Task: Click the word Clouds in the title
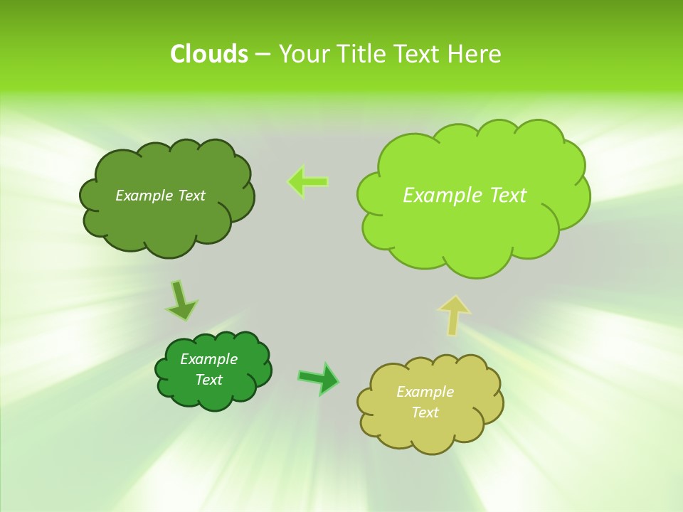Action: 209,54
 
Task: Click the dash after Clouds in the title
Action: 263,55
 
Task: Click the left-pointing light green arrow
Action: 308,182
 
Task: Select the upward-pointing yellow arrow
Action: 454,315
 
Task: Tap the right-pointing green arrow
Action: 319,378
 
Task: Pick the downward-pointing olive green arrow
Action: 181,301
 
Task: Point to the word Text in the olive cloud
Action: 190,196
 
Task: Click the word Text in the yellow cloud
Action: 425,412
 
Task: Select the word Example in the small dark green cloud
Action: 208,359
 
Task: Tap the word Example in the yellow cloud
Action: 425,392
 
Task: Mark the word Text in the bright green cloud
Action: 507,195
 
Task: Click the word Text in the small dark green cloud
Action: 208,380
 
